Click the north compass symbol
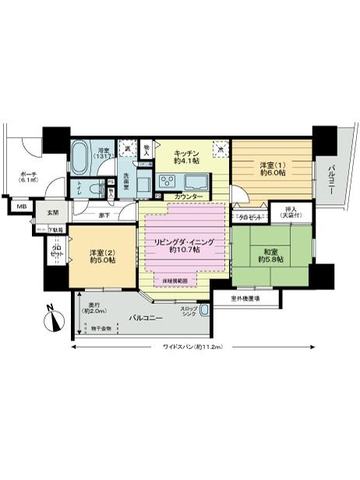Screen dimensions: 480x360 (x=51, y=319)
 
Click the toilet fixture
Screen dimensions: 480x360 (x=95, y=187)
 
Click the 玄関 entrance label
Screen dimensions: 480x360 (x=52, y=211)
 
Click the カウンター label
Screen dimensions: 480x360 (x=189, y=196)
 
